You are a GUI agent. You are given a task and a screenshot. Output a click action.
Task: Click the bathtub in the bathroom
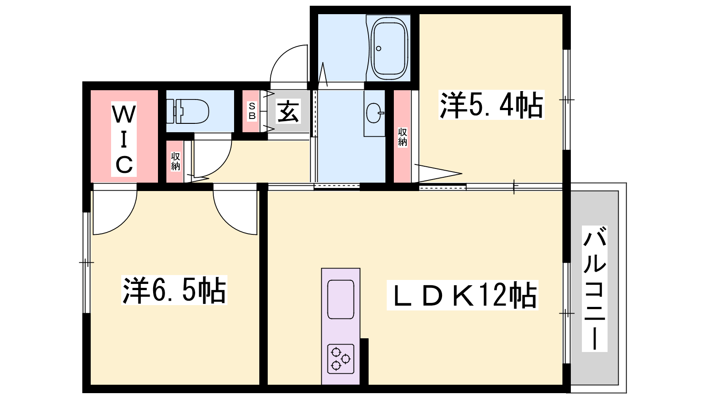click(388, 48)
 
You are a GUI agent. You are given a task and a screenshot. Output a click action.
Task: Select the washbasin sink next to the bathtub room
click(375, 113)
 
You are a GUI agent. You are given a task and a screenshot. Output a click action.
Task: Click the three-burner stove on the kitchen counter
click(341, 359)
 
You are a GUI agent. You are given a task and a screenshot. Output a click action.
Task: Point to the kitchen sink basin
click(341, 299)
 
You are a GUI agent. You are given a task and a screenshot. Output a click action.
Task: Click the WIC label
click(124, 139)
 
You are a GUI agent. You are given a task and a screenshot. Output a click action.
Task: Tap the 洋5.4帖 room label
click(492, 105)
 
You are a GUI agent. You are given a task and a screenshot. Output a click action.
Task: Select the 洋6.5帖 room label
click(174, 290)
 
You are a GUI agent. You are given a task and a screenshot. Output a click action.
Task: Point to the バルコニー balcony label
click(595, 289)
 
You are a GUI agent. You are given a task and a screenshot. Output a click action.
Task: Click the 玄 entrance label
click(288, 111)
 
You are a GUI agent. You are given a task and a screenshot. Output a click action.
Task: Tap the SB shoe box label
click(252, 111)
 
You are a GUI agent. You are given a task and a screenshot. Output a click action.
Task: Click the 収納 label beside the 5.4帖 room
click(402, 137)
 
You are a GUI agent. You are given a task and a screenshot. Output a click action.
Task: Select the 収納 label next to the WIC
click(175, 161)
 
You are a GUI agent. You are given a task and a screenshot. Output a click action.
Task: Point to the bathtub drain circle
click(379, 48)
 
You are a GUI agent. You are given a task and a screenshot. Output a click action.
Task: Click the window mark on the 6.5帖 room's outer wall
click(86, 263)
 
